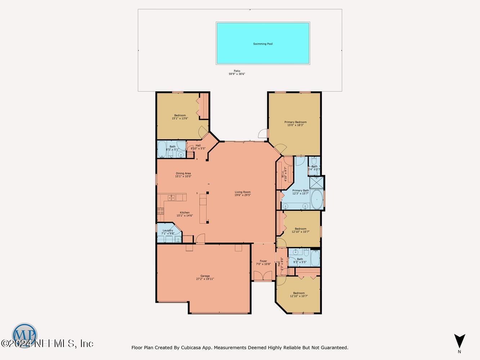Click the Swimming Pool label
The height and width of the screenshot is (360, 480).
point(263,44)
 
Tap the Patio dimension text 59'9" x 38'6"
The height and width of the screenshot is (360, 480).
point(237,74)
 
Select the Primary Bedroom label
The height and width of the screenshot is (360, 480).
point(295,122)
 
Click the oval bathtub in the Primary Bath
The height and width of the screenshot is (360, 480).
point(317,199)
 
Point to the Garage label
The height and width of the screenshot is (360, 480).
point(205,276)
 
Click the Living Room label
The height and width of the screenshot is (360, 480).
point(242,192)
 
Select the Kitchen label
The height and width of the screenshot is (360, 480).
point(184,213)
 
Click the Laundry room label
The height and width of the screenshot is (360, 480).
point(168,230)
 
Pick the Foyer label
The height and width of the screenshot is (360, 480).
point(264,261)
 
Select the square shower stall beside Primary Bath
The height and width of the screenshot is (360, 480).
point(317,183)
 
